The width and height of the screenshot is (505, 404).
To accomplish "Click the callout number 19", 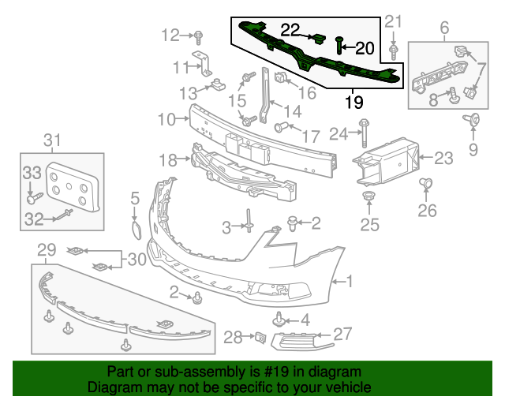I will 353,102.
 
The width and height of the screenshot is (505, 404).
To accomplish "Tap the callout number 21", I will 393,21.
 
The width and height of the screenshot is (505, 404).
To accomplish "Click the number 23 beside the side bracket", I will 443,159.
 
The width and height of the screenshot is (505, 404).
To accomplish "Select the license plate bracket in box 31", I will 72,185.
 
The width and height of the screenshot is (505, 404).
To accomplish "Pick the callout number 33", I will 31,173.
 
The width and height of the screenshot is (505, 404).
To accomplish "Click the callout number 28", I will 231,338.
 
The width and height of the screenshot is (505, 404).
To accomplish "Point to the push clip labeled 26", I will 427,186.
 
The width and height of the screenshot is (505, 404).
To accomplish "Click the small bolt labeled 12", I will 199,36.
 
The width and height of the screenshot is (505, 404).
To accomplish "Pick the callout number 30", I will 137,259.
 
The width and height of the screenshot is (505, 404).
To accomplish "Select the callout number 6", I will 444,29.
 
